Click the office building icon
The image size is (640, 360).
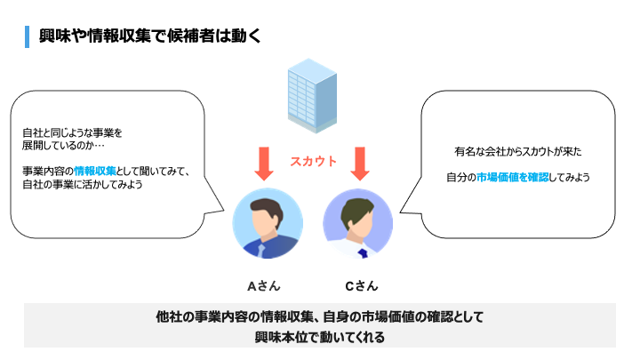308,92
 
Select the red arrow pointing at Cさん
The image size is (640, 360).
359,163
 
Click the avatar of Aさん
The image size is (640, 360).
267,224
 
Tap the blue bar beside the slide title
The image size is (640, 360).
29,36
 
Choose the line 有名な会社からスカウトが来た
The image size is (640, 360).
516,151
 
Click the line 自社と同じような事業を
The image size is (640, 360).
72,132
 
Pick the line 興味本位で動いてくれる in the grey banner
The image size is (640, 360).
319,339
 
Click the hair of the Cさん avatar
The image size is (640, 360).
356,204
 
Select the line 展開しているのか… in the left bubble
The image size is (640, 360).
64,145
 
